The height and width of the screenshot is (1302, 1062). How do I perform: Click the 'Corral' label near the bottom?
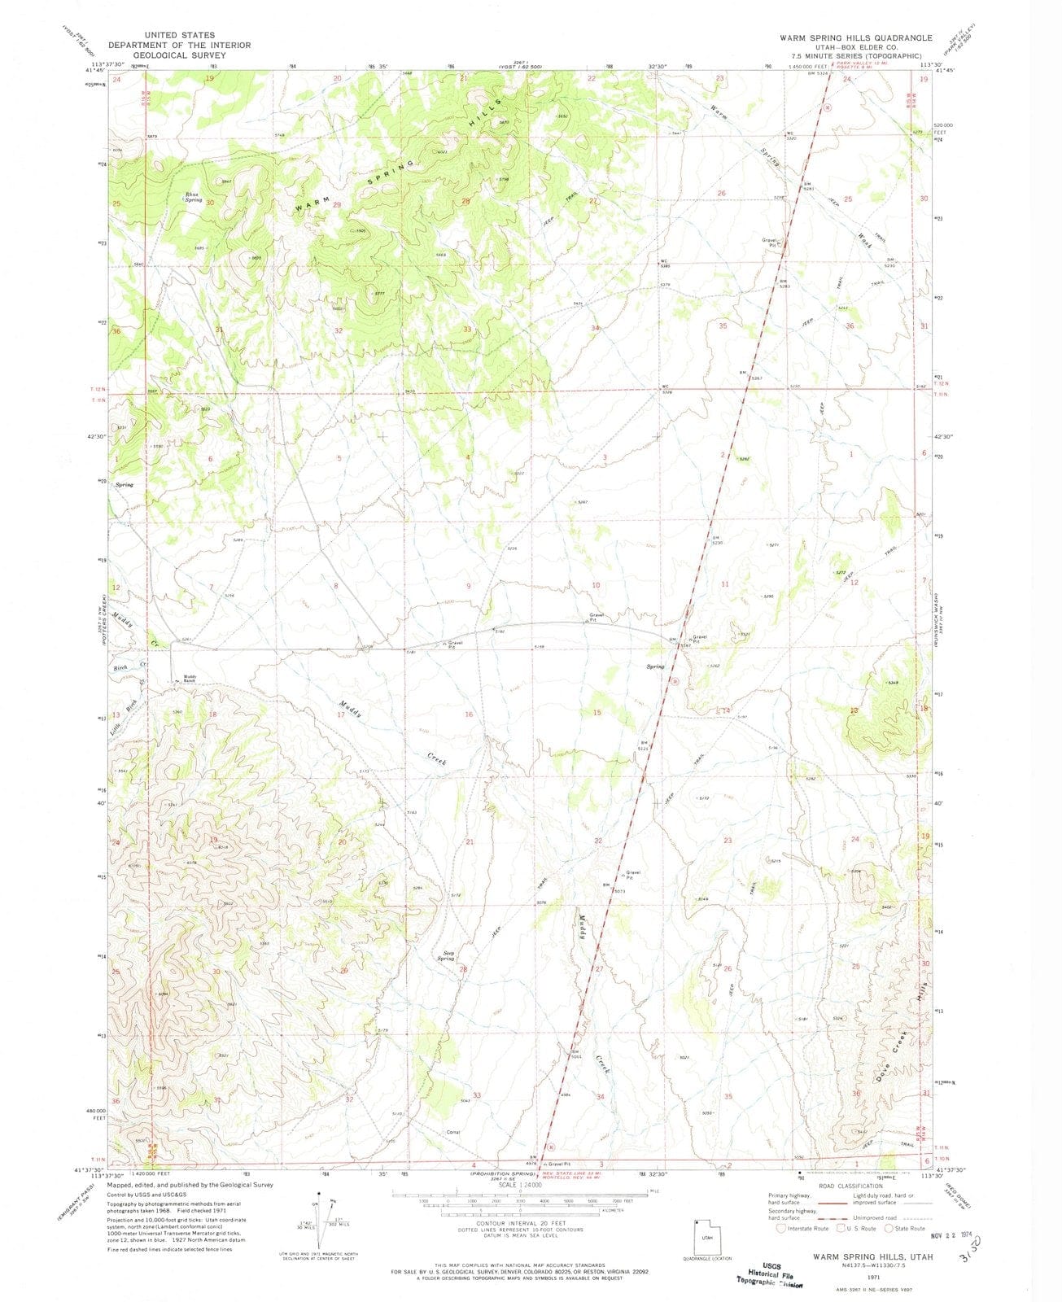[x=453, y=1133]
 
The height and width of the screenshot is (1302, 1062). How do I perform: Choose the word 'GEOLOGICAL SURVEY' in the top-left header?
[x=180, y=55]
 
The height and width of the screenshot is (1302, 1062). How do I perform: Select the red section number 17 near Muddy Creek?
[x=340, y=714]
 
